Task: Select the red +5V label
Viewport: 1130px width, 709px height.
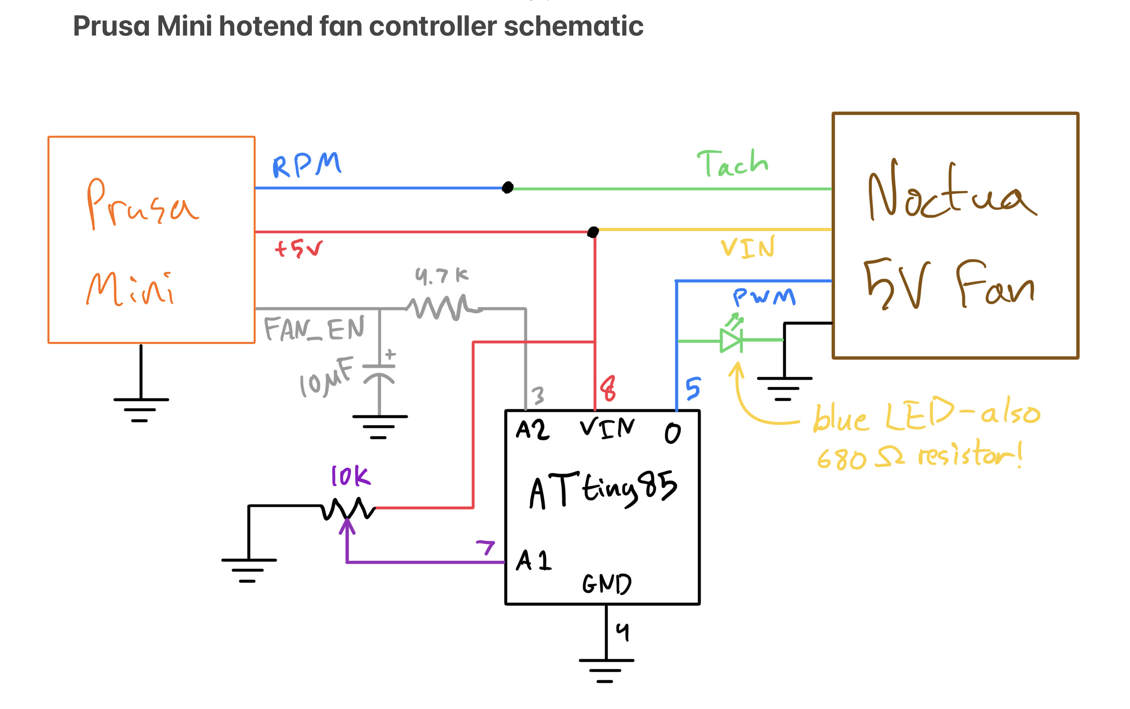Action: pyautogui.click(x=299, y=249)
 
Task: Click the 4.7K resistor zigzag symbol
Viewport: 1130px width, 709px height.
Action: pyautogui.click(x=443, y=308)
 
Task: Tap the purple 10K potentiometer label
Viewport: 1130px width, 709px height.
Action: pyautogui.click(x=350, y=477)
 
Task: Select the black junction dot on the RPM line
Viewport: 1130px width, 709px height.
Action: pyautogui.click(x=508, y=187)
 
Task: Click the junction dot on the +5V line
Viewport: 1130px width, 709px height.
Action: pyautogui.click(x=593, y=232)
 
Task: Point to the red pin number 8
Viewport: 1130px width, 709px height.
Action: pyautogui.click(x=608, y=388)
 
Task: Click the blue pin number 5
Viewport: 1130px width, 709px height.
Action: pyautogui.click(x=693, y=388)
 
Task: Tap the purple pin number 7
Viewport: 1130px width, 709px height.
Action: pyautogui.click(x=486, y=547)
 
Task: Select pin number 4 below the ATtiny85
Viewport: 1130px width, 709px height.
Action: pyautogui.click(x=622, y=632)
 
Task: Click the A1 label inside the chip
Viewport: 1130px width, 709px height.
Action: pyautogui.click(x=534, y=560)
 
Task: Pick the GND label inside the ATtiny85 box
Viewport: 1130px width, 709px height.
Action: pyautogui.click(x=607, y=584)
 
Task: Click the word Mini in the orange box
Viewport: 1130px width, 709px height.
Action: pyautogui.click(x=130, y=288)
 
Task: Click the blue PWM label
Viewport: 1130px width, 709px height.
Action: pyautogui.click(x=764, y=297)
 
